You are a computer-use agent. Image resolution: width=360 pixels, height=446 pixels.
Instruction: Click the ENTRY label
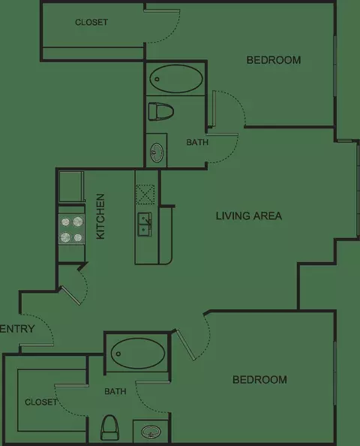coord(17,329)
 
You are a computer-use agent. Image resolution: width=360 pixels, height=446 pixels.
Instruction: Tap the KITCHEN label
coord(100,216)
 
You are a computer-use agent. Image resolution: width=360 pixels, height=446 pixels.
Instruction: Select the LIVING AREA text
coord(249,216)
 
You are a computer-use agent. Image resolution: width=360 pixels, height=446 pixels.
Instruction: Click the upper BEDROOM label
coord(274,60)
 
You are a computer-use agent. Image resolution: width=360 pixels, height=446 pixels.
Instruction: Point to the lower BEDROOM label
coord(259,380)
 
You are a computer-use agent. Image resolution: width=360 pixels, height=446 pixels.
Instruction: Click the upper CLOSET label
coord(91,23)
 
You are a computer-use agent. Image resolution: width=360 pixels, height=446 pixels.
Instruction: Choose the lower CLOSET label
coord(41,402)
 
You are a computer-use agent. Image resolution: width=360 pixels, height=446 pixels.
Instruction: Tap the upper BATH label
coord(197,142)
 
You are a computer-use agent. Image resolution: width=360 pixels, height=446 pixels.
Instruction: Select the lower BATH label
coord(115,391)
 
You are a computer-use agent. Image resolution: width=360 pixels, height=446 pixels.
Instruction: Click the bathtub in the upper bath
coord(176,79)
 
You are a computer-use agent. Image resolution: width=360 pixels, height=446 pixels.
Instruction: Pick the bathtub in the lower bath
coord(138,354)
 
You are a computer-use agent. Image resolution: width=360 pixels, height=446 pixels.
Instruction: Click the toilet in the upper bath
coord(160,111)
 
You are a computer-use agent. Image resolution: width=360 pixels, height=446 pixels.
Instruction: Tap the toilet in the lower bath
coord(110,427)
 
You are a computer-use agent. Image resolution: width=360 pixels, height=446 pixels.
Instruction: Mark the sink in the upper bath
coord(157,152)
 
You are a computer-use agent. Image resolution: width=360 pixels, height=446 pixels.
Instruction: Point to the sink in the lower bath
coord(151,432)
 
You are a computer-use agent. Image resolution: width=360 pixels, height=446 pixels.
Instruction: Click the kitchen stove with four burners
coord(71,229)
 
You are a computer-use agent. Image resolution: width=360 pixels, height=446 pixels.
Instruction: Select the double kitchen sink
coord(145,224)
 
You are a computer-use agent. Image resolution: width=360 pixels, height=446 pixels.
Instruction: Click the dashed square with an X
coord(145,194)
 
